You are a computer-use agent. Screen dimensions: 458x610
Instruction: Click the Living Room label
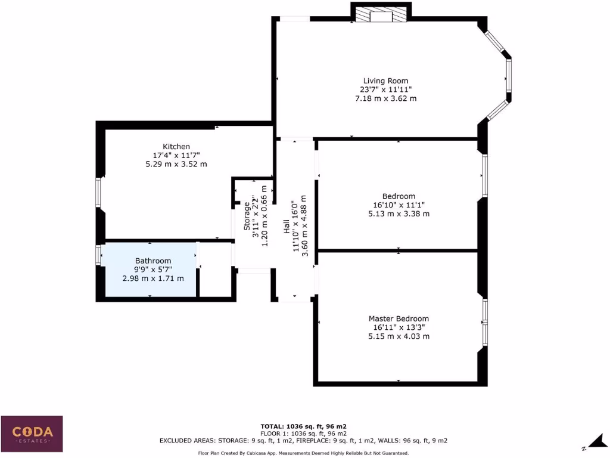click(x=385, y=81)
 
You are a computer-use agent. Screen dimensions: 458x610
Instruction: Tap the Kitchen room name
click(x=176, y=146)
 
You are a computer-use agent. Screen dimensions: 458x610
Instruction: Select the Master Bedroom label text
click(x=398, y=318)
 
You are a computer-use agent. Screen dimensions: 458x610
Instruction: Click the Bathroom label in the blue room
click(x=153, y=261)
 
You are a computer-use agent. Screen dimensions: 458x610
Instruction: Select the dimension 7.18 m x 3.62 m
click(x=385, y=98)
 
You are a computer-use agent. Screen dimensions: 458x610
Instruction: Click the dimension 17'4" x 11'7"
click(x=176, y=155)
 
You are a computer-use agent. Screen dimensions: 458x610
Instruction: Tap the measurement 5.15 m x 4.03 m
click(x=398, y=336)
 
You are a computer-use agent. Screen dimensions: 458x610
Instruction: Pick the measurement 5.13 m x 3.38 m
click(x=399, y=213)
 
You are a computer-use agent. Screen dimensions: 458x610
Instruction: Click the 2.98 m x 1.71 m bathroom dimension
click(x=153, y=278)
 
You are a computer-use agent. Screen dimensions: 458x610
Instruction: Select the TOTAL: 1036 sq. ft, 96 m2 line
click(x=304, y=426)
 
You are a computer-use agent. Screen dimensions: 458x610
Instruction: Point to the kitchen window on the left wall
click(x=99, y=193)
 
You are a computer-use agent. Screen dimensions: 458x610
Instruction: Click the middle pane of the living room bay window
click(x=509, y=75)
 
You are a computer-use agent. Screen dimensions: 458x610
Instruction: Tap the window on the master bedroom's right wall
click(x=485, y=321)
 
